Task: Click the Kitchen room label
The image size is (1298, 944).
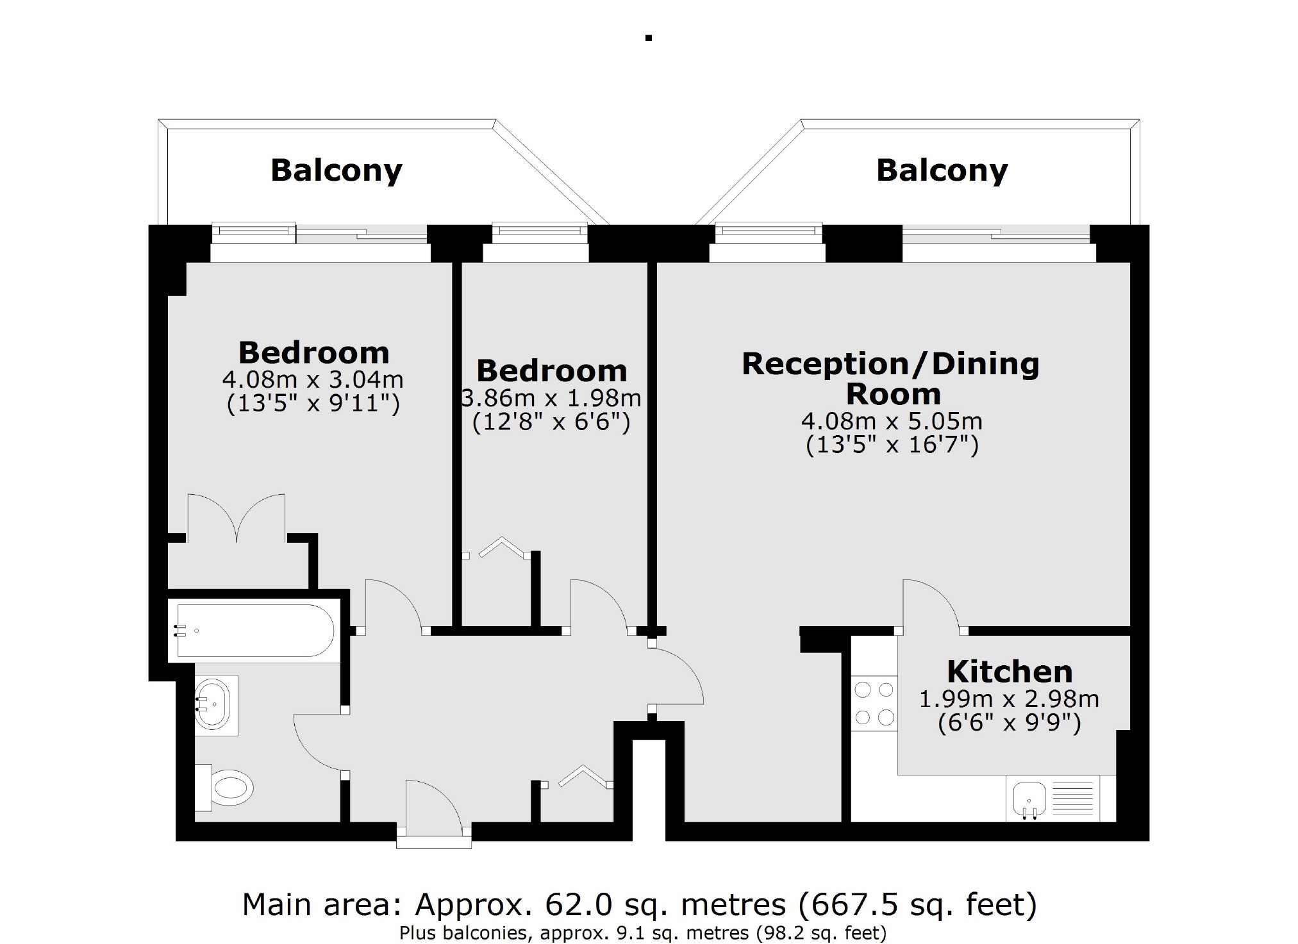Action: (1010, 672)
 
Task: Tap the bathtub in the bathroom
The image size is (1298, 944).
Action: (255, 631)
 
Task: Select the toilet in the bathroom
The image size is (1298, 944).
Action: (228, 786)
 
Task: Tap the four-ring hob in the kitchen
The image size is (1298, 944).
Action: (874, 704)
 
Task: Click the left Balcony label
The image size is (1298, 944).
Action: (336, 170)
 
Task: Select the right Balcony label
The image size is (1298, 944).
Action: (942, 170)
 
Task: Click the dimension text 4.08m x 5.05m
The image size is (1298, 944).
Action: (892, 421)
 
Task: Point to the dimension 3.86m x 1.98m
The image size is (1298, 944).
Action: (551, 398)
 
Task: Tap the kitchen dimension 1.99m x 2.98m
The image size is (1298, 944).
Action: (1009, 699)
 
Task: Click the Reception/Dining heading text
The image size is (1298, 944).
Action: (890, 364)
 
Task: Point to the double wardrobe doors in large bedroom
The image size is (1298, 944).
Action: (237, 518)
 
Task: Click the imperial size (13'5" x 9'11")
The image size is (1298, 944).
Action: (313, 404)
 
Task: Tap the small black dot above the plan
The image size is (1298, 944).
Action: (649, 38)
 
